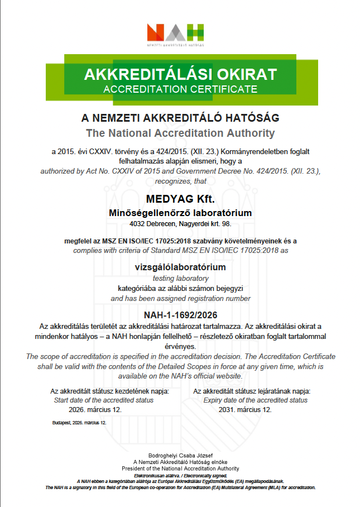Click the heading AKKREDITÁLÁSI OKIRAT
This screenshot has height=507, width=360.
coord(180,74)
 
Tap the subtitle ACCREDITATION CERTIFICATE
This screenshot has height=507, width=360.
coord(180,89)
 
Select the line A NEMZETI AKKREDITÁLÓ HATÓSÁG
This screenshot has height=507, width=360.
coord(180,118)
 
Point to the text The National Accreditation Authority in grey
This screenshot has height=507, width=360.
coord(180,133)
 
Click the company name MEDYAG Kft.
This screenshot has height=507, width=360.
coord(180,199)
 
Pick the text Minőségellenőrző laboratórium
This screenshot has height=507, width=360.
coord(180,213)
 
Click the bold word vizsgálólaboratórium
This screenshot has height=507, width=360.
coord(180,267)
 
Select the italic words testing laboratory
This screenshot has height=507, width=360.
coord(180,278)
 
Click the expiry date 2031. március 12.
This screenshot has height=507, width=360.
coord(244,409)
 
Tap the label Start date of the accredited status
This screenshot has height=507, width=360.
coord(103,400)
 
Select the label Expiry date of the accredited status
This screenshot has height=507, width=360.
coord(255,400)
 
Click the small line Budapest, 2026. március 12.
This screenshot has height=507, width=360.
coord(78,423)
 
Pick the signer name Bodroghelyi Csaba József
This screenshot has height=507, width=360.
coord(180,455)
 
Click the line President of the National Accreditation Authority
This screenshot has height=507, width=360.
coord(180,468)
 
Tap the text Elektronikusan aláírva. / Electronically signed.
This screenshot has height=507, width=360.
coord(180,475)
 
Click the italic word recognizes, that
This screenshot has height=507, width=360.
coord(180,181)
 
